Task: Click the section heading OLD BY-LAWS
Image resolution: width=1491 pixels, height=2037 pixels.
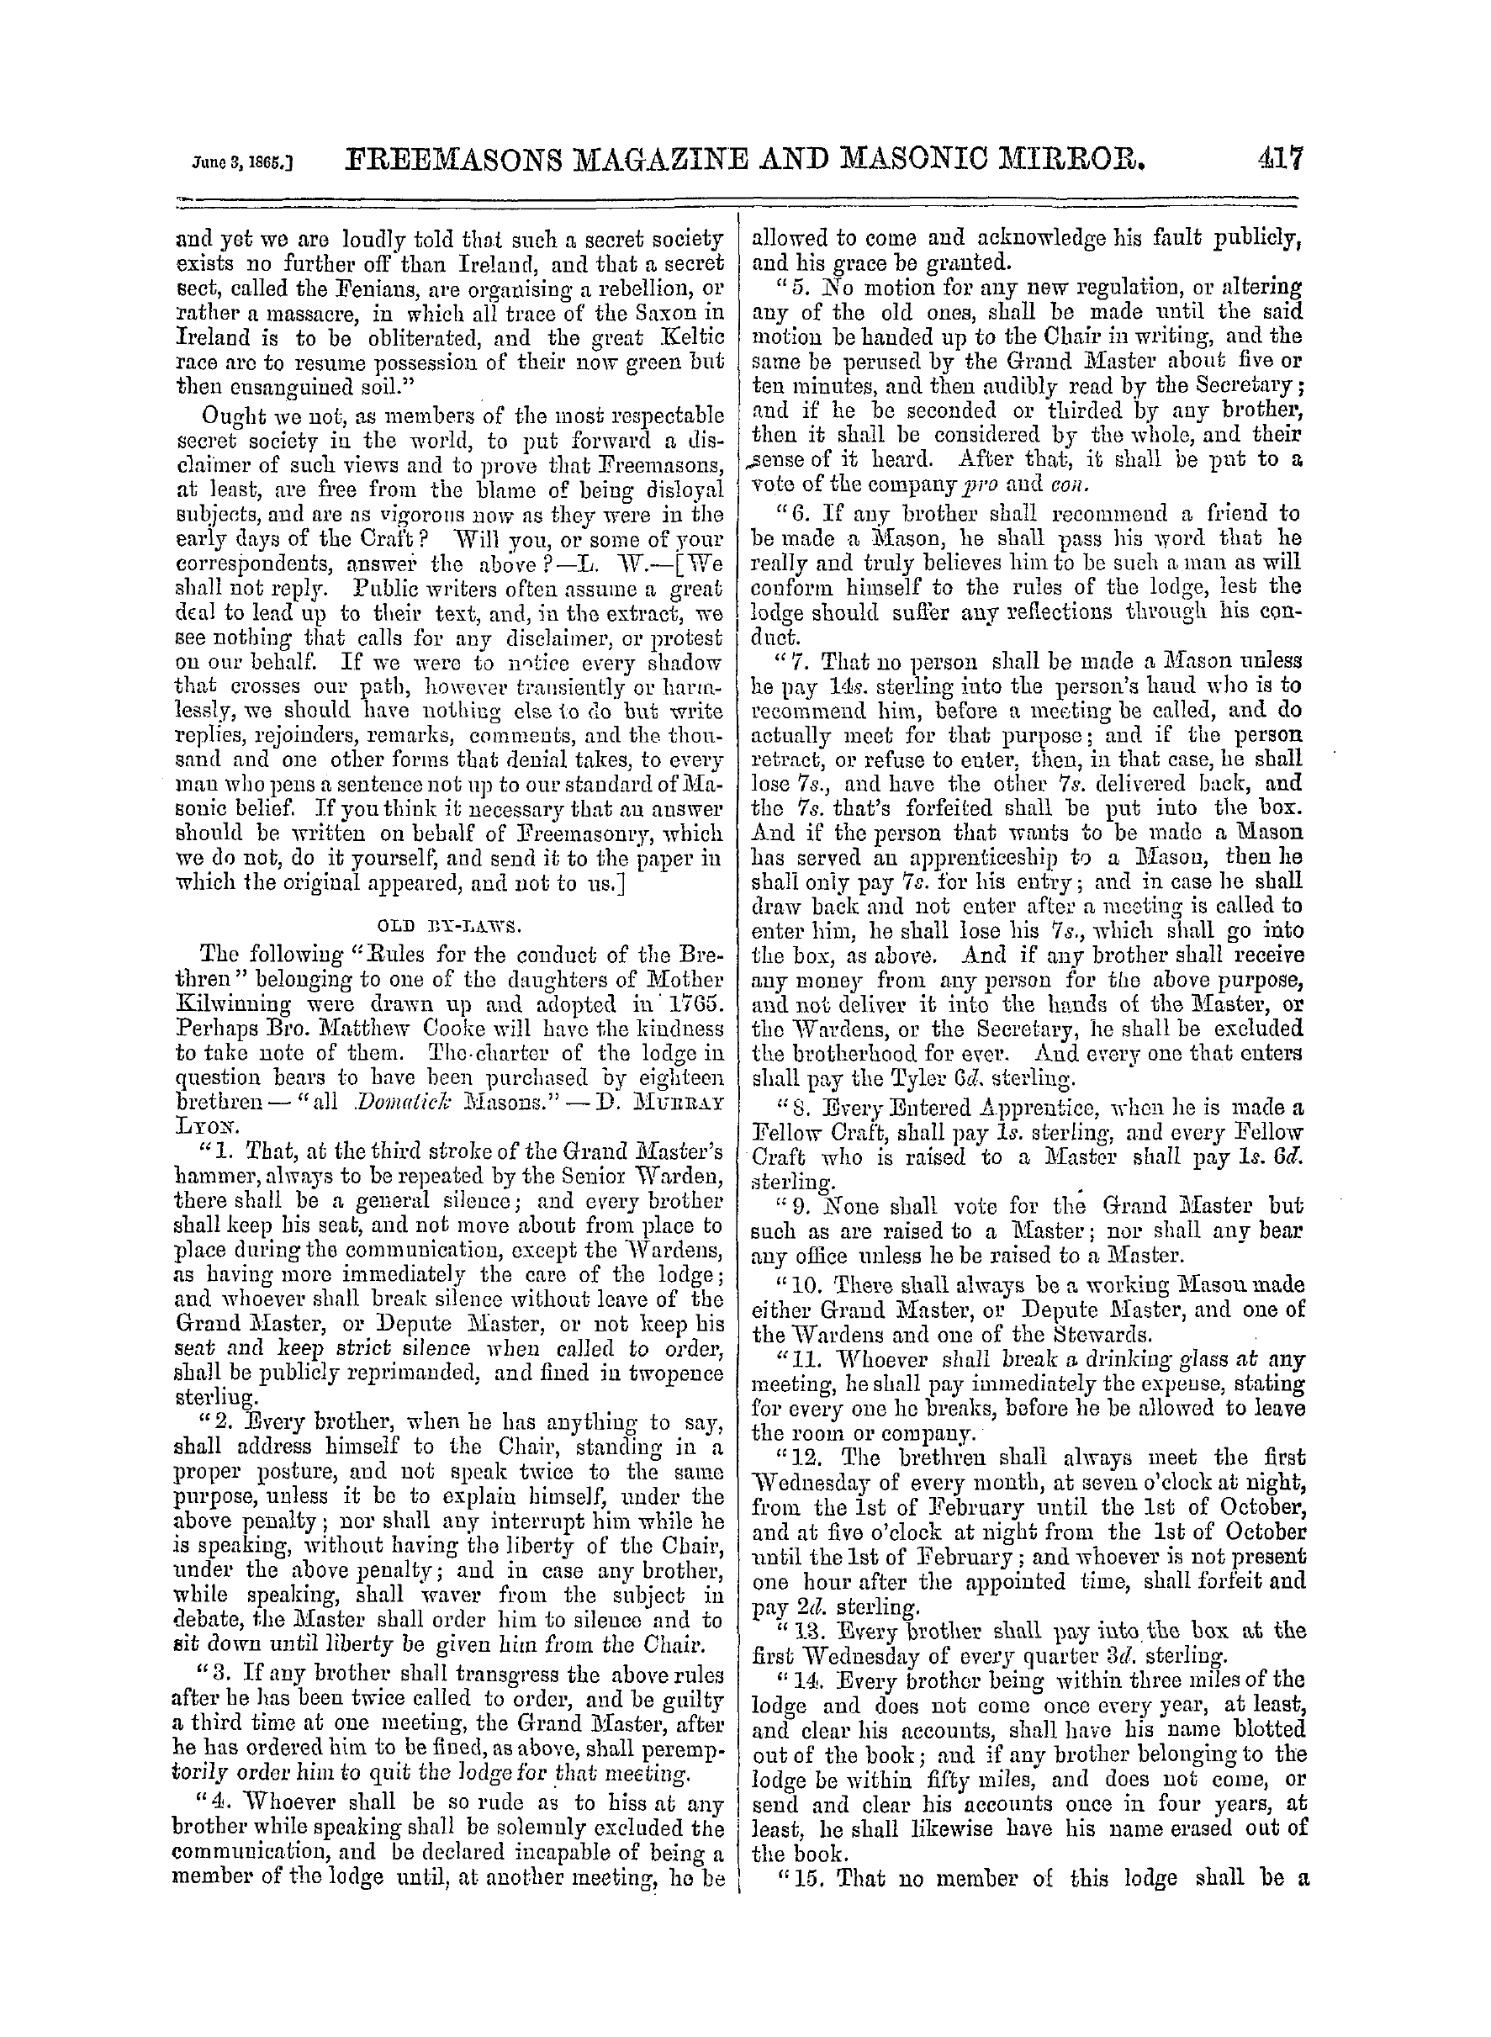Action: tap(446, 926)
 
